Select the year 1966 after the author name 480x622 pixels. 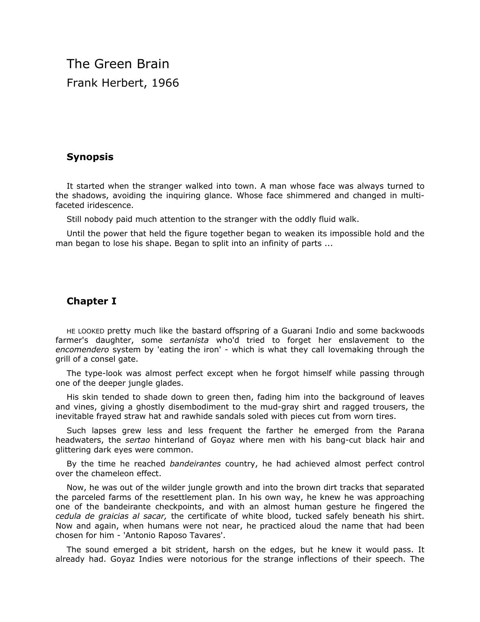[x=165, y=83]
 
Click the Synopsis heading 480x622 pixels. [x=90, y=157]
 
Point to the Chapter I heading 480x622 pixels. [x=91, y=301]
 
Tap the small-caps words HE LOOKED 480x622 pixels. [x=85, y=332]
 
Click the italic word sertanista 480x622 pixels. [x=189, y=340]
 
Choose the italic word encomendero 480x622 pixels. [x=82, y=350]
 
